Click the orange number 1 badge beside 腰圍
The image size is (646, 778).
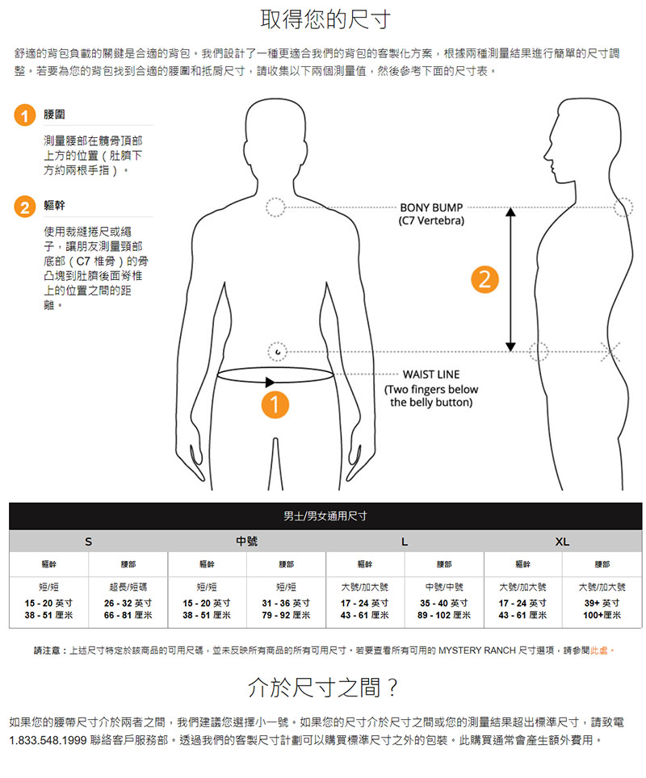click(x=25, y=115)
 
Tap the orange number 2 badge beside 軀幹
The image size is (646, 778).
click(x=25, y=207)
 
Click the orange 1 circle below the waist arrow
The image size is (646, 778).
click(x=275, y=404)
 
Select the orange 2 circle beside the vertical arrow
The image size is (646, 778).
click(x=484, y=279)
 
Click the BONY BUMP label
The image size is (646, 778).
click(x=431, y=208)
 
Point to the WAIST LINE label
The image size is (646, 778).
click(x=431, y=374)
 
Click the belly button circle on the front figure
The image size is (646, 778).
click(x=278, y=352)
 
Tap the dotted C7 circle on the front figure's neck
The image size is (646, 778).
click(x=275, y=207)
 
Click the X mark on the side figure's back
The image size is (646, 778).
click(x=610, y=352)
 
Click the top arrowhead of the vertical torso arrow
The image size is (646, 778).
click(x=510, y=212)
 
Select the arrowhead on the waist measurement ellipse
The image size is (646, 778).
click(x=270, y=382)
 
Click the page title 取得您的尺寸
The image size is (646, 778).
click(x=325, y=19)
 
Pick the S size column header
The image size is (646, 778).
click(x=88, y=542)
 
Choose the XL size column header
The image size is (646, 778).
click(x=563, y=542)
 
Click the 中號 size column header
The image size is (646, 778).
click(x=247, y=542)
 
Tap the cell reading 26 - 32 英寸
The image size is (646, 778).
click(x=128, y=604)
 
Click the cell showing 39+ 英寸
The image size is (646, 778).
click(x=602, y=604)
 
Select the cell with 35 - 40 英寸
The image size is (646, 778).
click(x=444, y=604)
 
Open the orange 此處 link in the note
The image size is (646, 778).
click(x=599, y=650)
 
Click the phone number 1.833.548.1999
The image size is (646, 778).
click(x=48, y=740)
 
